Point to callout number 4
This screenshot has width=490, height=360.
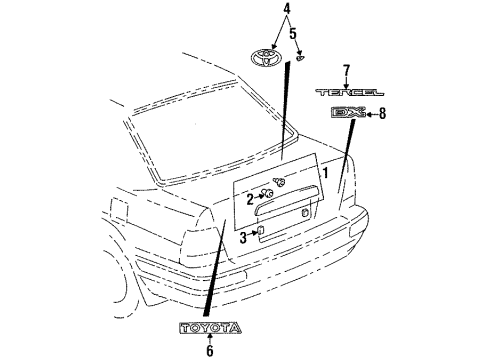258,10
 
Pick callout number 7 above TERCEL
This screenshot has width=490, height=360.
346,70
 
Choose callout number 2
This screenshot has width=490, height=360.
249,199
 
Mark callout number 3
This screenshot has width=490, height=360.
243,237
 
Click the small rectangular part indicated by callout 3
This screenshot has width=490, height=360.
260,234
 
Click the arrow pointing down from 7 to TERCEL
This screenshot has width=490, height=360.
346,81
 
